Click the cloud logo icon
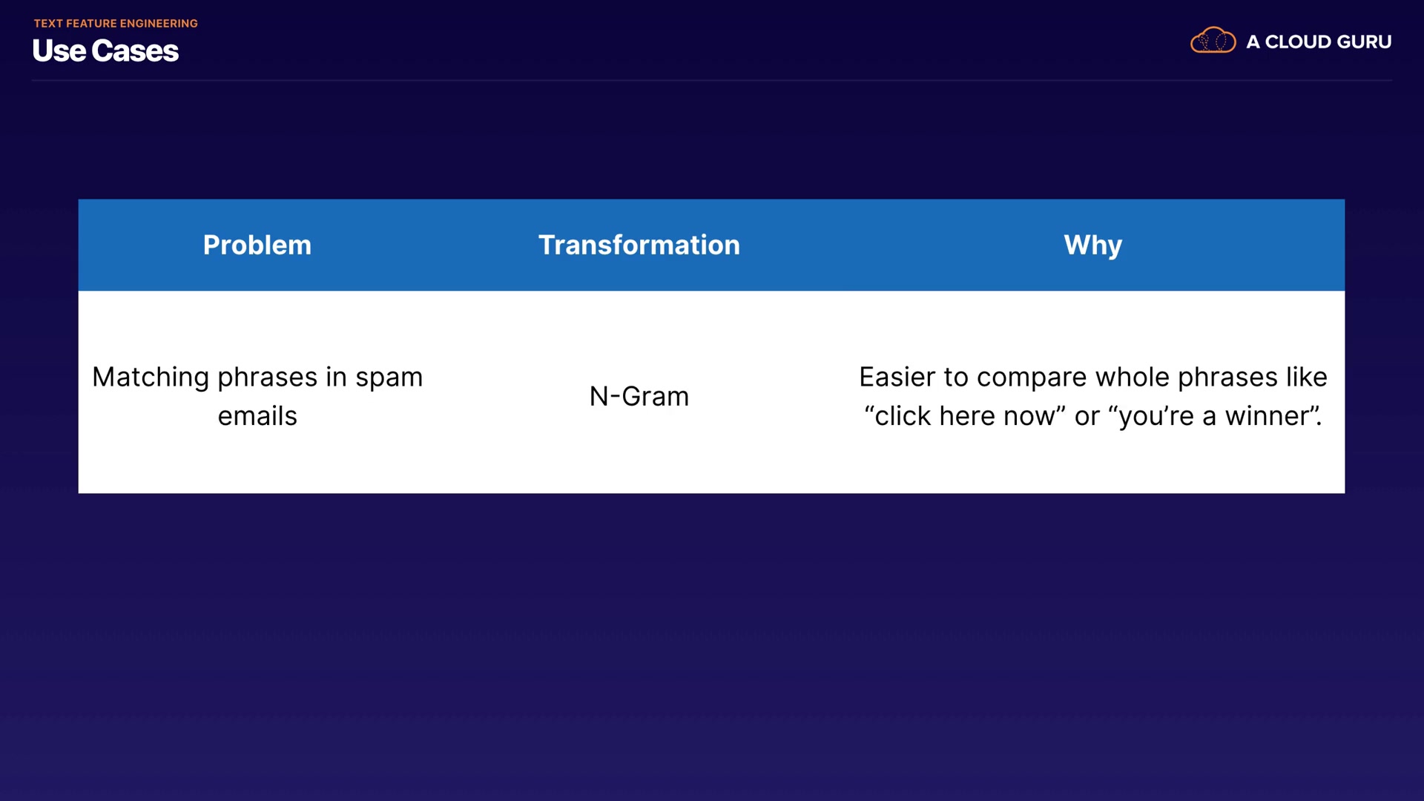[1213, 40]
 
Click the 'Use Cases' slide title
[105, 51]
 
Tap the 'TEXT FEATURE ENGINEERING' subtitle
[116, 24]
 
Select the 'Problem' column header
[257, 245]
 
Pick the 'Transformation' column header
[639, 245]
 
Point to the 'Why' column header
[1093, 245]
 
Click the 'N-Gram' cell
[639, 397]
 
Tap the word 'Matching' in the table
[151, 378]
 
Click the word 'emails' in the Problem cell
[257, 416]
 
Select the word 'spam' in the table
[389, 378]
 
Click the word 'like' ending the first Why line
[1307, 378]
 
